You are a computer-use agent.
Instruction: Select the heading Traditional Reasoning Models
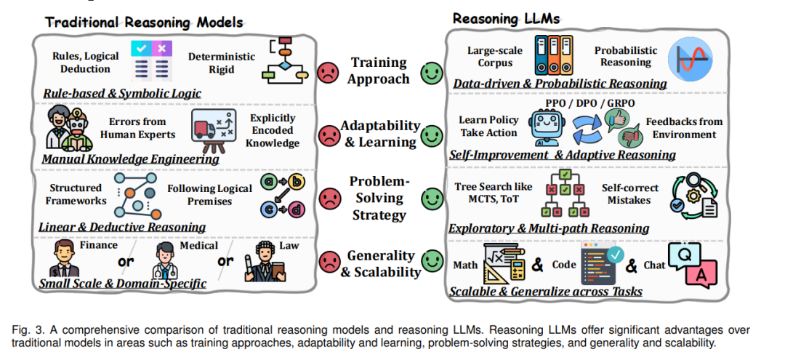click(x=144, y=22)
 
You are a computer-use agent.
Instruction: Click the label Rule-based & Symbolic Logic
click(x=122, y=93)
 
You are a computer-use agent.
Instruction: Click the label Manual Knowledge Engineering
click(x=132, y=159)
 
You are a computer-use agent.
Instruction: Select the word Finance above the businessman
click(x=98, y=245)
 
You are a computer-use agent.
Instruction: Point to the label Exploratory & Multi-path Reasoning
click(x=549, y=228)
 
